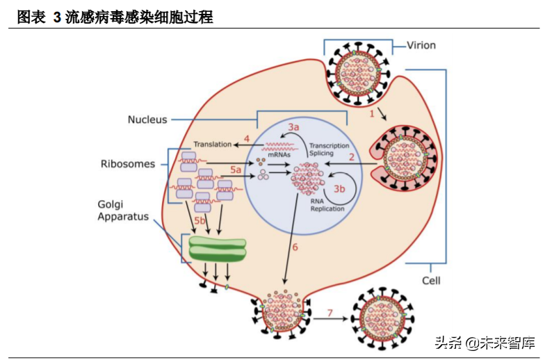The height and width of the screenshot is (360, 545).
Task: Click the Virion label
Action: click(421, 45)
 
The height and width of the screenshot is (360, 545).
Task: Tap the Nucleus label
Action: click(147, 120)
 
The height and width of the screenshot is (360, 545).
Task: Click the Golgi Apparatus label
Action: click(123, 210)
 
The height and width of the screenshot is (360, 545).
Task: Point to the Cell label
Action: click(431, 281)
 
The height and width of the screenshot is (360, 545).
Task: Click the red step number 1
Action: click(372, 112)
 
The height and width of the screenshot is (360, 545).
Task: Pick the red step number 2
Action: click(352, 158)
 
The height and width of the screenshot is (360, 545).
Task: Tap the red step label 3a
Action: click(294, 127)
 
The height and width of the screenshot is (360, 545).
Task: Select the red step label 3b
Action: click(339, 188)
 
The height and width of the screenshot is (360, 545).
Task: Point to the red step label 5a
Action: click(236, 169)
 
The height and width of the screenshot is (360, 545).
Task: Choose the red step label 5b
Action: click(200, 221)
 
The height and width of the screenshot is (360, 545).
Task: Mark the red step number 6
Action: click(294, 247)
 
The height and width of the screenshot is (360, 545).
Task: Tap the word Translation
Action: click(212, 145)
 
